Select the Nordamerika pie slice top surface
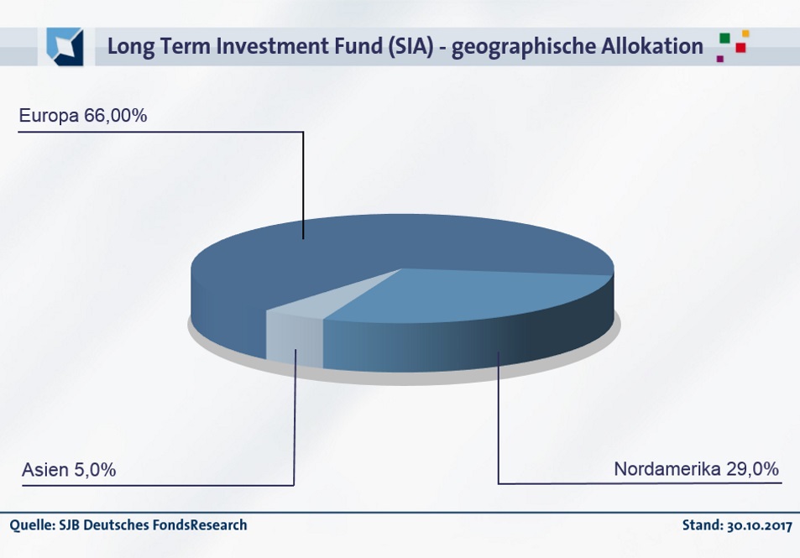459,296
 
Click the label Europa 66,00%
82,116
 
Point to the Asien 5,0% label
69,470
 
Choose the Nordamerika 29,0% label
697,469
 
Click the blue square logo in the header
65,46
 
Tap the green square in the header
724,39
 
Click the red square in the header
740,48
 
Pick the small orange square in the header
745,34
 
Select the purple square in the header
720,59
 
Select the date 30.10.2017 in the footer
760,525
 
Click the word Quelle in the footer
32,524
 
